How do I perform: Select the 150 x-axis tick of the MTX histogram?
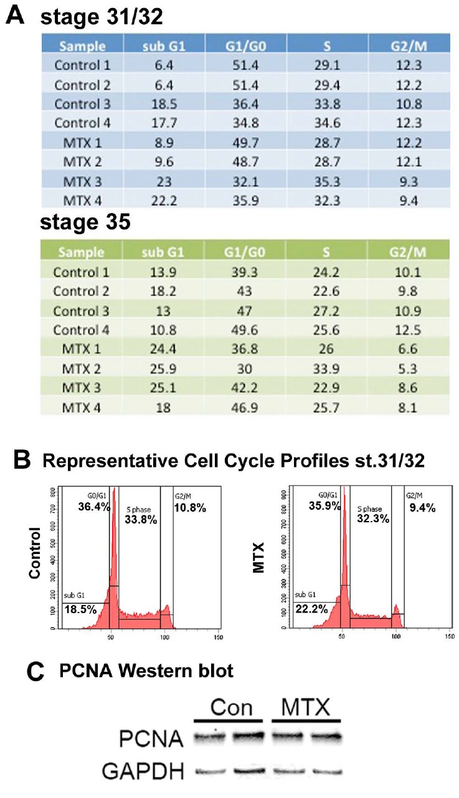pyautogui.click(x=448, y=637)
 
